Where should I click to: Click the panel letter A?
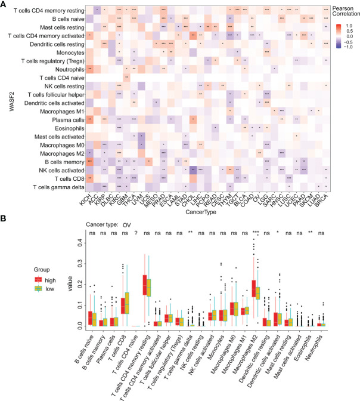pos(5,4)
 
